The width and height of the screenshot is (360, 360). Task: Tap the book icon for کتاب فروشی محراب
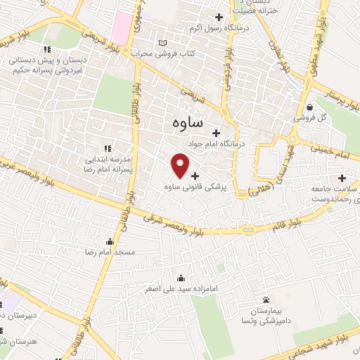tap(163, 44)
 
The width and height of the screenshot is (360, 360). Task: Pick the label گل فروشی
tap(330, 117)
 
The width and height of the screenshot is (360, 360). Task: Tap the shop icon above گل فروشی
tap(310, 107)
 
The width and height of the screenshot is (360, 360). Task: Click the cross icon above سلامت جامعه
tap(342, 178)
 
